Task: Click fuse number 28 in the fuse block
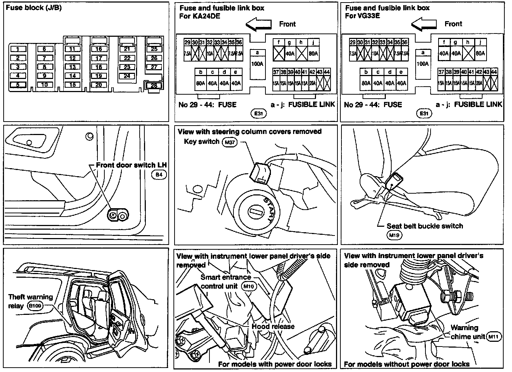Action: [x=154, y=86]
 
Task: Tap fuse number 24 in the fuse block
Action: [x=127, y=76]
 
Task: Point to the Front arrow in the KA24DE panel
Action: [x=258, y=24]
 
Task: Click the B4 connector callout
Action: [x=159, y=175]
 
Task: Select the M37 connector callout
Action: [x=229, y=142]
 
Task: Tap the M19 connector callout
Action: [x=394, y=235]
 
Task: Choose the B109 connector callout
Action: [x=35, y=306]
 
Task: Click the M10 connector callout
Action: [x=249, y=286]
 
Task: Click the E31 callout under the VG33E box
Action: [x=423, y=114]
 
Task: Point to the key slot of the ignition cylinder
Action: [x=255, y=211]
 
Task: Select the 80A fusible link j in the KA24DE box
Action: [x=313, y=53]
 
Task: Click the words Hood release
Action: [x=273, y=326]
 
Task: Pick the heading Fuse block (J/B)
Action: [x=33, y=8]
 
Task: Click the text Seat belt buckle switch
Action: [x=425, y=226]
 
